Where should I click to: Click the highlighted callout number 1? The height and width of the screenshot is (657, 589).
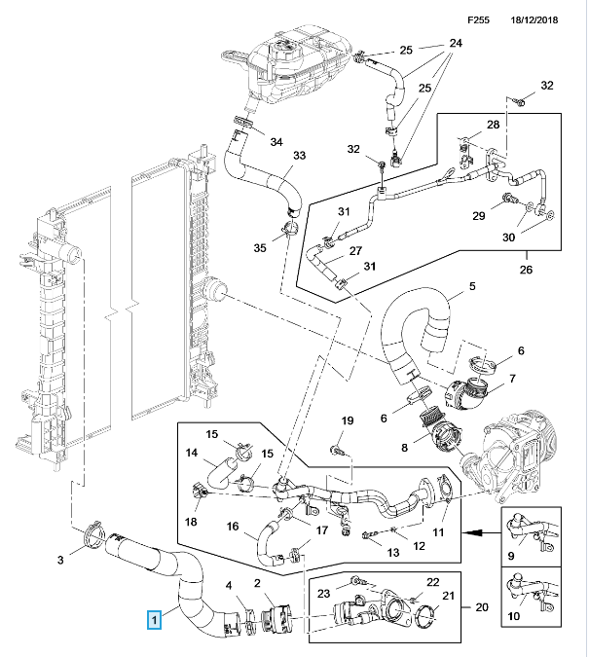(x=152, y=616)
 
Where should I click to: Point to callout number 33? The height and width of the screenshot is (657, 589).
(x=300, y=156)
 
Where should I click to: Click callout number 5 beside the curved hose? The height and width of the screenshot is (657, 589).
(x=472, y=286)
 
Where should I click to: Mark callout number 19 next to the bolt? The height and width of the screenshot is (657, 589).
(x=346, y=420)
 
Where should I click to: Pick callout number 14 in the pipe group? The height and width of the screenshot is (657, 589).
(x=191, y=453)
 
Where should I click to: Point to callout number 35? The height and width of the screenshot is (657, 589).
(x=259, y=248)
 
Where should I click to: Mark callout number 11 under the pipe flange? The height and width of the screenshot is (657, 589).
(x=438, y=531)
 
